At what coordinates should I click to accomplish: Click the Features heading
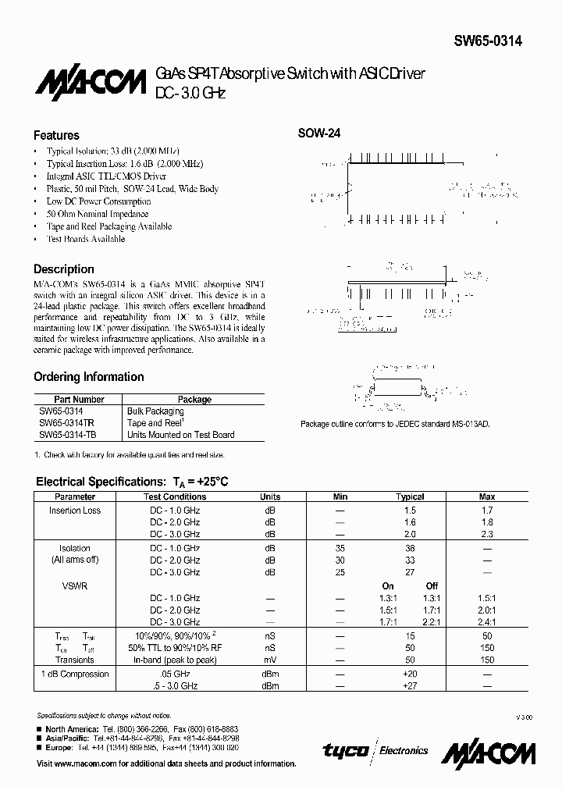pyautogui.click(x=56, y=135)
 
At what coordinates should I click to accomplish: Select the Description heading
pyautogui.click(x=63, y=269)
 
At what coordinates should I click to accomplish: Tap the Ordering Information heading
pyautogui.click(x=88, y=377)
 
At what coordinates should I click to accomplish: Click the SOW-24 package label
pyautogui.click(x=318, y=133)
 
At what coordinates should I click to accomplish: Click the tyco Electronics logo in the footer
pyautogui.click(x=375, y=750)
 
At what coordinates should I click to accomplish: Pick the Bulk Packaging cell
pyautogui.click(x=155, y=411)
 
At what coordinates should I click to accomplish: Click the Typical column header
pyautogui.click(x=410, y=496)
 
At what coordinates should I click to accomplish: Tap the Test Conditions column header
pyautogui.click(x=175, y=496)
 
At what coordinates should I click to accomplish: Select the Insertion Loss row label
pyautogui.click(x=75, y=511)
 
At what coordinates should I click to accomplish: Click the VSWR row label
pyautogui.click(x=75, y=585)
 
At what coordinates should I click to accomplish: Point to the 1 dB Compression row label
pyautogui.click(x=75, y=674)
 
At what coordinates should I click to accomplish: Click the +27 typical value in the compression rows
pyautogui.click(x=410, y=685)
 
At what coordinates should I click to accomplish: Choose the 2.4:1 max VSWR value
pyautogui.click(x=487, y=622)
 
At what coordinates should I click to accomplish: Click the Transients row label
pyautogui.click(x=75, y=660)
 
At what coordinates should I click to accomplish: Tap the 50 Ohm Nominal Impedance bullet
pyautogui.click(x=98, y=213)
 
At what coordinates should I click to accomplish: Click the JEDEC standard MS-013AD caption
pyautogui.click(x=400, y=424)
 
